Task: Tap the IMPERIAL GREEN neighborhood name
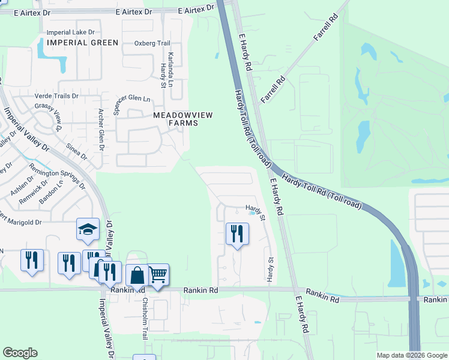(x=83, y=43)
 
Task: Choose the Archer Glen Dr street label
(x=101, y=130)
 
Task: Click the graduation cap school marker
(x=88, y=230)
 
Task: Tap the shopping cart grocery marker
(x=158, y=275)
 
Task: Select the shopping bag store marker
(x=137, y=276)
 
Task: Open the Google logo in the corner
(x=20, y=353)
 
